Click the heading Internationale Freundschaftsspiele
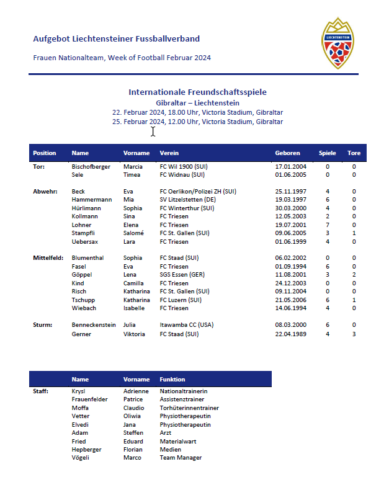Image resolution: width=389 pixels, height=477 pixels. pos(197,92)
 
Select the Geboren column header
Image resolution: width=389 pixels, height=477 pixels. pos(287,153)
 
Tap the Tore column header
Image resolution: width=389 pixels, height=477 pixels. pos(354,153)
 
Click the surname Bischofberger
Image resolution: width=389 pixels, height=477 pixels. pos(91,166)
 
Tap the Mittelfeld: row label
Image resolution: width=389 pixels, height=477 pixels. pos(48,258)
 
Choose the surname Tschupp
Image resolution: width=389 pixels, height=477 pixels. pos(84,300)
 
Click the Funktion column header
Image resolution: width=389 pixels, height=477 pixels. pos(172,379)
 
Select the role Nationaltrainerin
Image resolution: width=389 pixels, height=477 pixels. pos(183,391)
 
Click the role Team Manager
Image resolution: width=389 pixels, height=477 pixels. pos(181,458)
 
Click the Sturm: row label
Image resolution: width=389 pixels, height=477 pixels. pos(42,324)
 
